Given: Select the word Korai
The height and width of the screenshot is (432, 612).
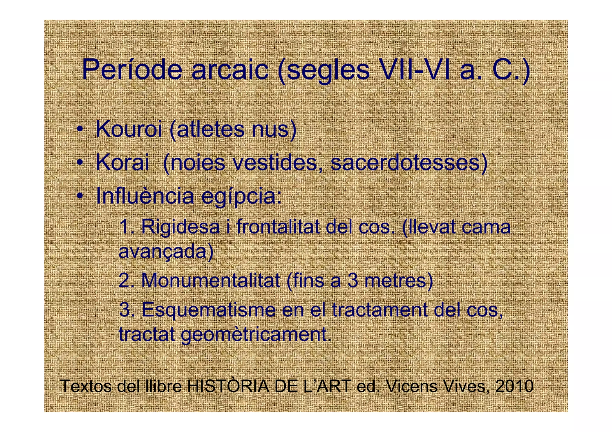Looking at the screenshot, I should (x=122, y=163).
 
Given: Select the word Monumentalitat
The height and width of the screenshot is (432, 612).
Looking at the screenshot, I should (x=211, y=281).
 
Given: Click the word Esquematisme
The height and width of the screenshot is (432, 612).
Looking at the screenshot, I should (x=209, y=310).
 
